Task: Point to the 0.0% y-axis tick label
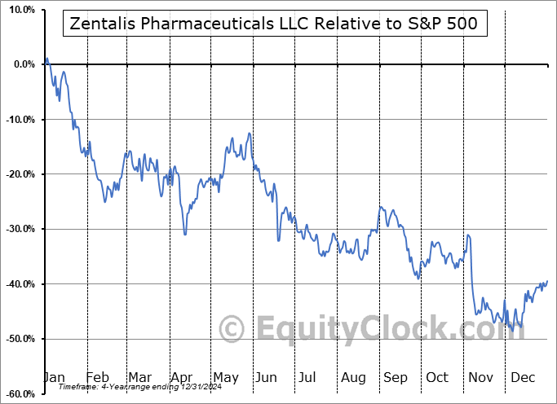(20, 64)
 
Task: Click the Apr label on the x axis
(180, 377)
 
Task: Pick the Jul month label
(308, 377)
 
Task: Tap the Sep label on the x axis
(395, 377)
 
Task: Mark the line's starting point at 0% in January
(46, 59)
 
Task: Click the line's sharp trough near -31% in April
(185, 235)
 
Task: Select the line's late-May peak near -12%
(249, 132)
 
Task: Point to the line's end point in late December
(547, 281)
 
